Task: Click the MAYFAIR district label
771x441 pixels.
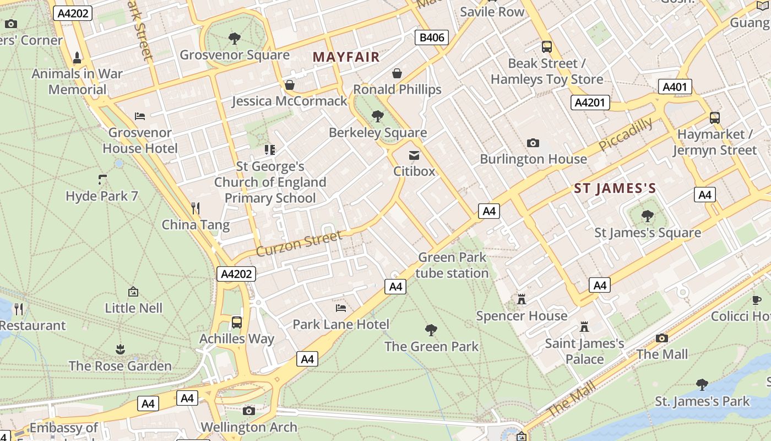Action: click(x=346, y=57)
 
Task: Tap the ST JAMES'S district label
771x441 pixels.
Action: click(x=615, y=189)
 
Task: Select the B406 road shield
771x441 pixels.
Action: click(x=431, y=37)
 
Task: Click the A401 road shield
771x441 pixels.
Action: click(x=675, y=87)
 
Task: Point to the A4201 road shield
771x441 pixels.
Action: click(x=590, y=102)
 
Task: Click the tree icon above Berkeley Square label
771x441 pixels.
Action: click(x=378, y=116)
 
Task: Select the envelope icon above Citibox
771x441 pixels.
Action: click(x=414, y=155)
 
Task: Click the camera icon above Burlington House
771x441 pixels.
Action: click(x=533, y=143)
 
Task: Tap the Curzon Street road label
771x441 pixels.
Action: click(x=299, y=244)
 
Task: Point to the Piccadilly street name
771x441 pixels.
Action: click(x=626, y=135)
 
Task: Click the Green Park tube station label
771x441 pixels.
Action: click(x=452, y=265)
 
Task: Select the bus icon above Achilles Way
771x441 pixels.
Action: click(x=237, y=322)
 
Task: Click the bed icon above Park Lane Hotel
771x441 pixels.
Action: click(x=341, y=308)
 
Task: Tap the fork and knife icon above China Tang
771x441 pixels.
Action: click(x=195, y=208)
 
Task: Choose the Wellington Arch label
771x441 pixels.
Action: click(x=249, y=427)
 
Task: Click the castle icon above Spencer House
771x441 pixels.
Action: click(x=522, y=299)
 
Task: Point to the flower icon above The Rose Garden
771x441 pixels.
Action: click(x=120, y=349)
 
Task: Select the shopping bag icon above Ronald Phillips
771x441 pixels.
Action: click(x=397, y=73)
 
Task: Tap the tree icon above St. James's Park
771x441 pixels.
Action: click(x=702, y=384)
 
